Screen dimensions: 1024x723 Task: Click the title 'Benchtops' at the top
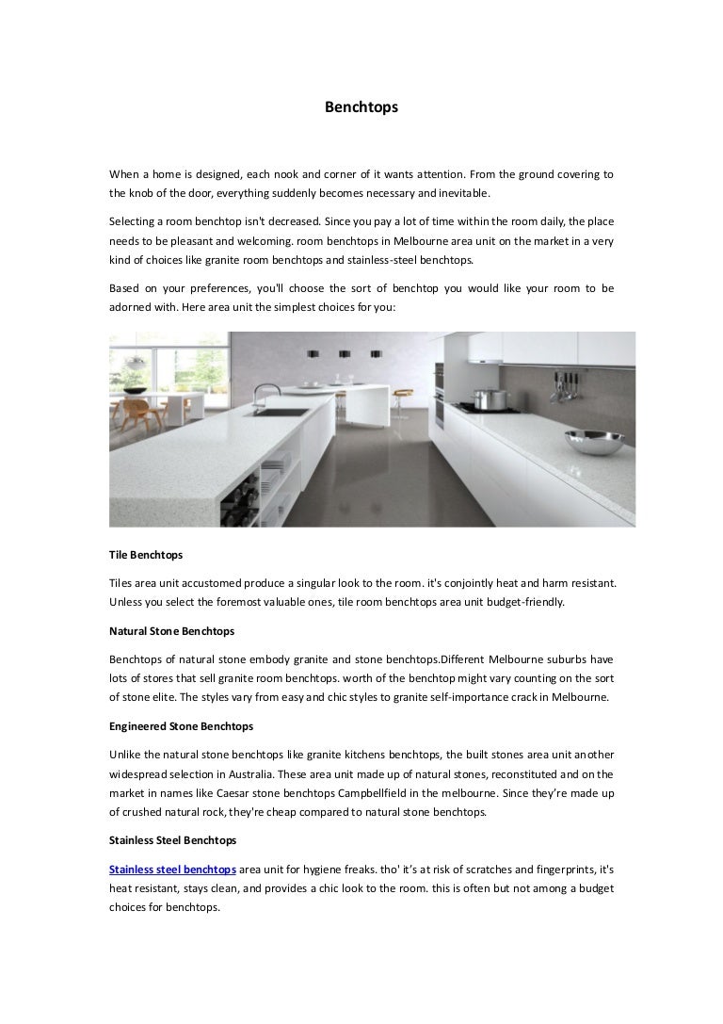pyautogui.click(x=361, y=107)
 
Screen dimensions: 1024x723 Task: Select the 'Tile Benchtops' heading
pyautogui.click(x=145, y=557)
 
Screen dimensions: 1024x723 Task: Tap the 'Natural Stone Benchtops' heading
pyautogui.click(x=171, y=629)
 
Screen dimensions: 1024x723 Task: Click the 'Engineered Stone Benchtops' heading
pyautogui.click(x=181, y=726)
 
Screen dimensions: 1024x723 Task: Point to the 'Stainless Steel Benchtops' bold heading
pyautogui.click(x=172, y=838)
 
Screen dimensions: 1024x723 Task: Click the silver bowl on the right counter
pyautogui.click(x=592, y=441)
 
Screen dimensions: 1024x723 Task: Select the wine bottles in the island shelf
pyautogui.click(x=243, y=494)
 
